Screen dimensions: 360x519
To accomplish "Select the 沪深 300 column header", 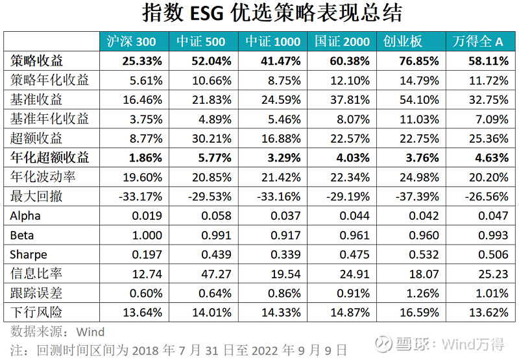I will click(132, 42).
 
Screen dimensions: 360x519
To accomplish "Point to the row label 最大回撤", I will click(37, 195).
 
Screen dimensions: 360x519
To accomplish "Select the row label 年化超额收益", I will click(50, 156).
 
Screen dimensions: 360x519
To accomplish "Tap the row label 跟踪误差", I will click(37, 293).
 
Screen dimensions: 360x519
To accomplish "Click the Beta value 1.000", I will click(146, 234).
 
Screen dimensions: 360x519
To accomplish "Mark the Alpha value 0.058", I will click(214, 215).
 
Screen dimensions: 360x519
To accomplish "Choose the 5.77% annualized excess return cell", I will click(211, 156).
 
